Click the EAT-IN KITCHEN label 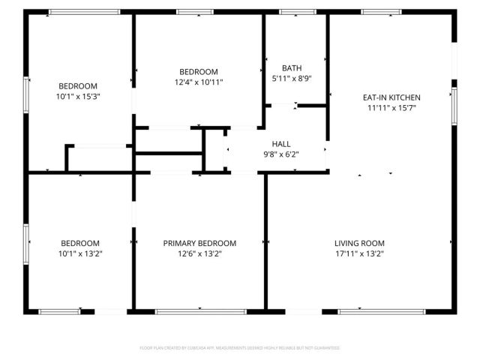(x=391, y=97)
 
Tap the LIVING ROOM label (x=359, y=243)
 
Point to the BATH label (x=292, y=68)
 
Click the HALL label (x=281, y=144)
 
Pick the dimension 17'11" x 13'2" (x=359, y=254)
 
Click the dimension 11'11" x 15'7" (x=391, y=108)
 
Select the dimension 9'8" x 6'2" (x=281, y=154)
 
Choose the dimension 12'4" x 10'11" (x=199, y=82)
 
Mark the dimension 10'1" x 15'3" (x=78, y=97)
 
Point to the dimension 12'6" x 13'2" (x=199, y=254)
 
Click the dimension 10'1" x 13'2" (x=80, y=254)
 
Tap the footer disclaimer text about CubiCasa (x=240, y=348)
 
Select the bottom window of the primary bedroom (x=200, y=310)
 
